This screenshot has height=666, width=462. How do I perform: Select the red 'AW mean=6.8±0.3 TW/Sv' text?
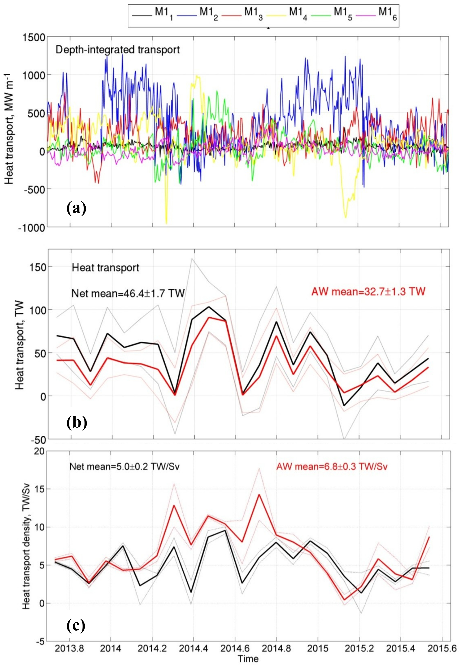[332, 467]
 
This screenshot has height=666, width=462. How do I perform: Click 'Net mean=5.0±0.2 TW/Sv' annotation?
[124, 467]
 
